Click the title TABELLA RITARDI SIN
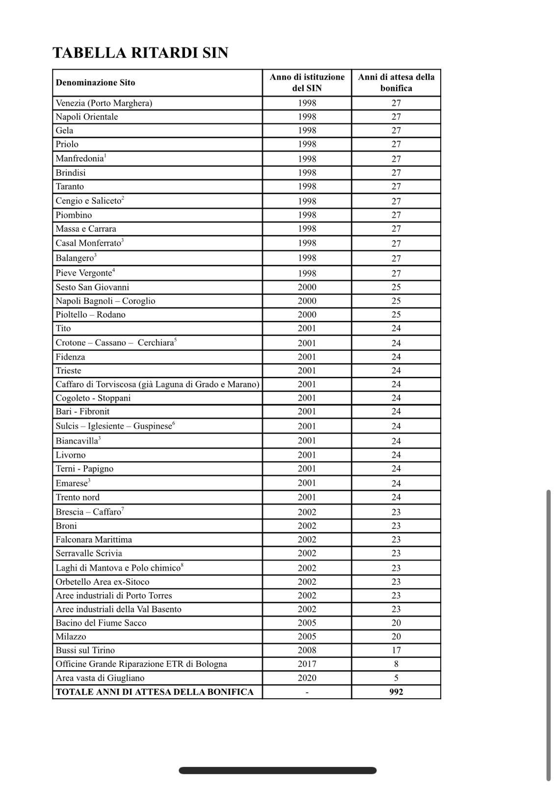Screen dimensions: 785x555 point(140,53)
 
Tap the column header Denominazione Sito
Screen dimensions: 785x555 point(95,82)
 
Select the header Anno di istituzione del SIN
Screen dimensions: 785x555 point(307,82)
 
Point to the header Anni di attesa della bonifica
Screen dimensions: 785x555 point(396,82)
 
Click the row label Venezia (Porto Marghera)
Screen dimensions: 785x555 point(104,103)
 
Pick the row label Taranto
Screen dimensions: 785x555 point(70,186)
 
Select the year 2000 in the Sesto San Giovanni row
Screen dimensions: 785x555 point(307,287)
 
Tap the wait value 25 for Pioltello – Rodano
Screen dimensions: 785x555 point(396,314)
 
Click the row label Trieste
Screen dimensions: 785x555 point(68,370)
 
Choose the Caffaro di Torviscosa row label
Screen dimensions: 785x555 point(157,384)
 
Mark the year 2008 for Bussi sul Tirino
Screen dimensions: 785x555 point(307,650)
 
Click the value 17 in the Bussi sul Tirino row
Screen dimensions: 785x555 point(396,650)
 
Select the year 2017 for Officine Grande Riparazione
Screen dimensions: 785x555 point(307,664)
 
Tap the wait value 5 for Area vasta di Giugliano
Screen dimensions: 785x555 point(396,678)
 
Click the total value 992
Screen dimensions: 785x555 point(396,692)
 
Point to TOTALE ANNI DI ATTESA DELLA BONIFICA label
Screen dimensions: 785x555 point(155,692)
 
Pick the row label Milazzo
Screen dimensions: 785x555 point(71,636)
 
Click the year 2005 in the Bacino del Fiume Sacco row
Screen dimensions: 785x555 point(307,623)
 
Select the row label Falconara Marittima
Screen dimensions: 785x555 point(94,539)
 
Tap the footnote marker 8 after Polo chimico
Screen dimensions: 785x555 point(182,565)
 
